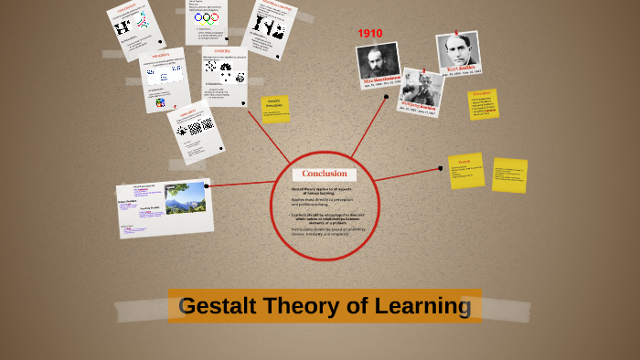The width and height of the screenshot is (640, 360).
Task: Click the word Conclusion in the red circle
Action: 325,174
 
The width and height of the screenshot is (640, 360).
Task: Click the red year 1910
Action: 369,34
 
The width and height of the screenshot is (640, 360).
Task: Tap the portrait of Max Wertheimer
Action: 378,61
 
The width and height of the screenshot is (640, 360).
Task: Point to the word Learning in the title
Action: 429,306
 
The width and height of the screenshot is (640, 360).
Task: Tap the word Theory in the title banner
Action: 310,306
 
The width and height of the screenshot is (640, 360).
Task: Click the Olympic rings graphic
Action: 207,17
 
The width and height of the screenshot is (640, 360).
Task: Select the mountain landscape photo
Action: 185,197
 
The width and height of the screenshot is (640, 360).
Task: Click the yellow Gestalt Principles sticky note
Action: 274,108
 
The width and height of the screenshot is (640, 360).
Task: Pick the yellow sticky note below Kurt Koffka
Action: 483,103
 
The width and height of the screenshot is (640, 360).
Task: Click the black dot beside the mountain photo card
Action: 208,185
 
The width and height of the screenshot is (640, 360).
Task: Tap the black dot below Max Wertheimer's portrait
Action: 387,96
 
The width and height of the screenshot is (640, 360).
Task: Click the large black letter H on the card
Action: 122,27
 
